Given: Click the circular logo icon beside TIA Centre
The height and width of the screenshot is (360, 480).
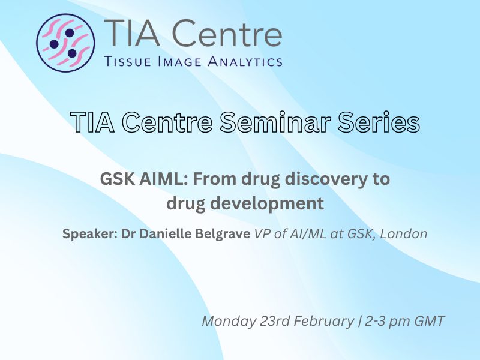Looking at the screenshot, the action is [x=65, y=43].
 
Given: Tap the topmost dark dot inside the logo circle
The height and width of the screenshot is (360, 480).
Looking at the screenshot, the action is [x=70, y=33].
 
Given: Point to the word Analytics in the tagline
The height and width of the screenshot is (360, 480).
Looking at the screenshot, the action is [x=245, y=61].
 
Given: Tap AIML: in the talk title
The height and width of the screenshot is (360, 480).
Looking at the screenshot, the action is [x=164, y=179].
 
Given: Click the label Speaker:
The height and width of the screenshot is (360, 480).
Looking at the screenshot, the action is [x=90, y=235].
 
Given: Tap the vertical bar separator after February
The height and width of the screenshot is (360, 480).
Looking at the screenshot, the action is [x=359, y=322].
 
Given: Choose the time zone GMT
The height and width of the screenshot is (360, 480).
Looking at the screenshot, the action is [x=429, y=321].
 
